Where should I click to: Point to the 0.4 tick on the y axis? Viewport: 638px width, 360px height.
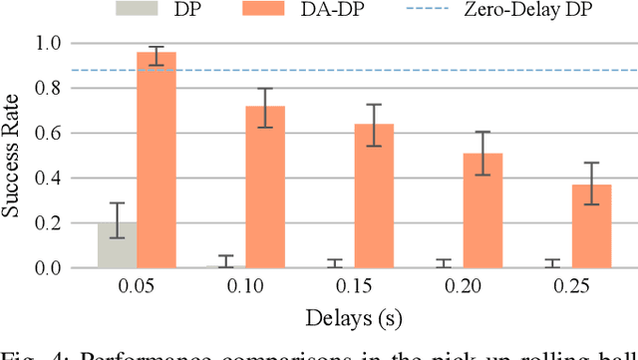coord(48,179)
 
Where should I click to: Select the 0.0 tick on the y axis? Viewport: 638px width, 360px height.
coord(48,268)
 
